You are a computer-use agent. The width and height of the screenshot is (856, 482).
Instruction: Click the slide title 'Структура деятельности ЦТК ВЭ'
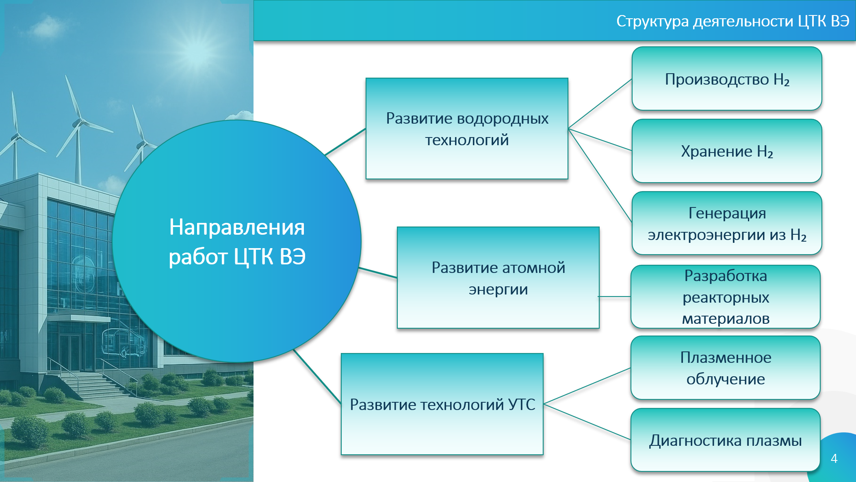(732, 21)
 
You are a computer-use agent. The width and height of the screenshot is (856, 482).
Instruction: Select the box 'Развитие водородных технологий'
(467, 129)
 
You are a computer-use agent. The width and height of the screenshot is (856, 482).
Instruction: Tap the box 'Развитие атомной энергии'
(498, 278)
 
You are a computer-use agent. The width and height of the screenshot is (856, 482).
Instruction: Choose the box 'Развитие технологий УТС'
(442, 404)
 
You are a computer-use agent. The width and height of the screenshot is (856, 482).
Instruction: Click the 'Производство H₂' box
(727, 79)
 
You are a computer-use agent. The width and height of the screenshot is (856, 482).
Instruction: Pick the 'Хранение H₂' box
(727, 151)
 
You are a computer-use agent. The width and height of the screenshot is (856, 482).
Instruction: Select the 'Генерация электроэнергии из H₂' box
(727, 223)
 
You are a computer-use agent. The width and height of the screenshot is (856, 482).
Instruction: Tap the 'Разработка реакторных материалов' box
(726, 297)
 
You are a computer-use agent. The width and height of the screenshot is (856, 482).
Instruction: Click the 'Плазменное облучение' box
(726, 368)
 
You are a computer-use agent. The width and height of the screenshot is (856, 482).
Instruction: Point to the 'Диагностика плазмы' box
(726, 440)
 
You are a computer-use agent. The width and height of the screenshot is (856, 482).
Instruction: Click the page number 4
(834, 458)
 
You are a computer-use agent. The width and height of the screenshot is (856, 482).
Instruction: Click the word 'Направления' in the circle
(237, 227)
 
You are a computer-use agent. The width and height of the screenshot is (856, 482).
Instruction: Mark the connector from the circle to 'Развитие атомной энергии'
(378, 273)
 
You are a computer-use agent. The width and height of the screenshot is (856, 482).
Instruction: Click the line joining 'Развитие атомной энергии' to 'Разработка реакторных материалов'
(615, 297)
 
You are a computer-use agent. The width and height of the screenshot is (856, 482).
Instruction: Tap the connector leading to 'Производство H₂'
(600, 104)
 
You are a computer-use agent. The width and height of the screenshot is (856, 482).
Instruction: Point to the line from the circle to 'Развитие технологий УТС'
(317, 376)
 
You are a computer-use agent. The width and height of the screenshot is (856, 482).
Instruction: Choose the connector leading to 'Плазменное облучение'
(587, 386)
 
